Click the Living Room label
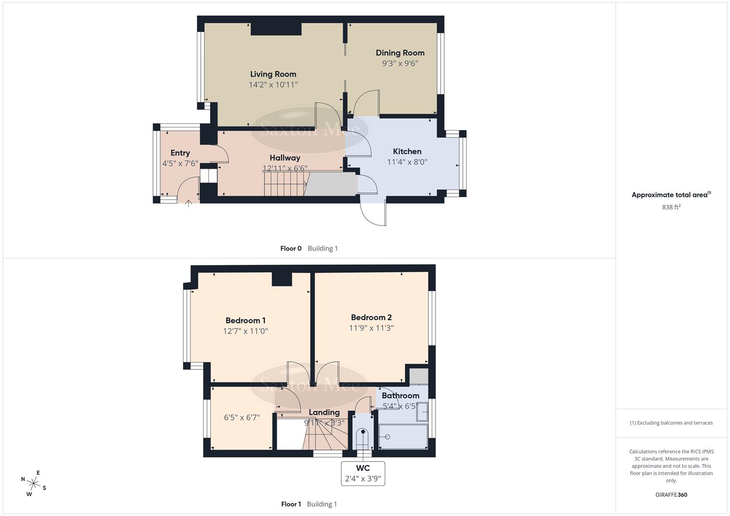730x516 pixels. click(273, 74)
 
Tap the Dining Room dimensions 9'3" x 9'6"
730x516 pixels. click(400, 63)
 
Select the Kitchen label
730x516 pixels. click(407, 151)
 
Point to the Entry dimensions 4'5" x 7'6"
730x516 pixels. click(180, 163)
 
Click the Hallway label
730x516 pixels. click(284, 158)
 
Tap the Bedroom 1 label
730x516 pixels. click(245, 321)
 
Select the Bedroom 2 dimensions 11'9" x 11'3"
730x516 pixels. click(371, 328)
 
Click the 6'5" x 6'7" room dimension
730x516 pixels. click(242, 417)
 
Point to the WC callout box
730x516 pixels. click(363, 473)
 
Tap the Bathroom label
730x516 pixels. click(400, 396)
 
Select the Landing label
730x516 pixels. click(324, 412)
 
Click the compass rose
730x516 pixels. click(33, 483)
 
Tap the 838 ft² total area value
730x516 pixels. click(671, 207)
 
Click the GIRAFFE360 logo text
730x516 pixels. click(671, 494)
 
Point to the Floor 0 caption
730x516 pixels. click(291, 248)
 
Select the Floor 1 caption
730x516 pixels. click(291, 504)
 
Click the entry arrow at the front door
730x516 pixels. click(189, 204)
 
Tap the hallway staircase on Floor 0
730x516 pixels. click(285, 184)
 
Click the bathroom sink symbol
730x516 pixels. click(422, 412)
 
